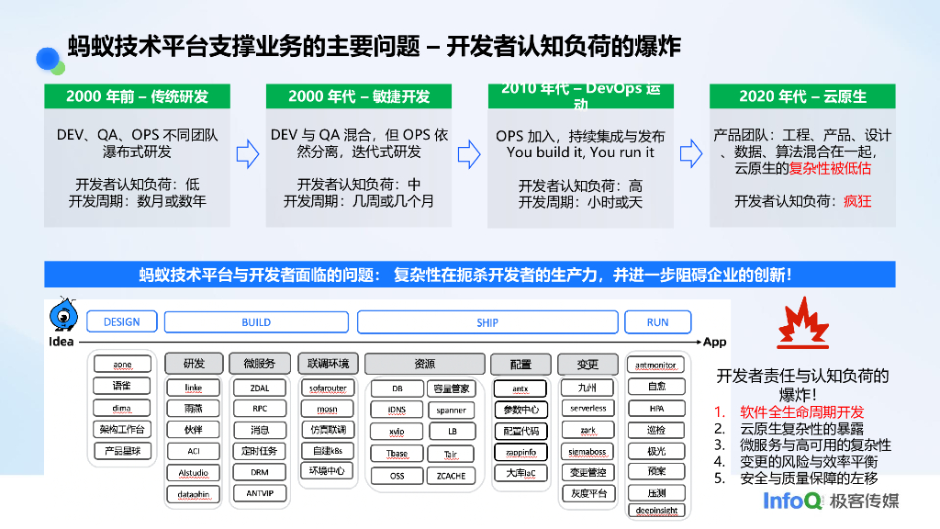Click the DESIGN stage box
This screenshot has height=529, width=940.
pos(122,322)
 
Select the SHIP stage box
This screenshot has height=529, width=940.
pos(487,322)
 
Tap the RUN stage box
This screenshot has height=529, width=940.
pos(657,322)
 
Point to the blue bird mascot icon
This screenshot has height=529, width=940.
pos(63,316)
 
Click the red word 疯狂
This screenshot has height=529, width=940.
pos(857,201)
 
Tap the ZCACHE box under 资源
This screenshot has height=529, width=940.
pos(451,476)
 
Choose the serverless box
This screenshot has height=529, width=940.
pos(587,409)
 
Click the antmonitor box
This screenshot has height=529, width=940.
pos(655,366)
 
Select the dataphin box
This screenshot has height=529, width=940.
pos(194,494)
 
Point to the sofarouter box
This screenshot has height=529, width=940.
pos(328,388)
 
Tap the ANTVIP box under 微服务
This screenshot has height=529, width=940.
pos(260,493)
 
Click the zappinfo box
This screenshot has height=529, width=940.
pos(521,452)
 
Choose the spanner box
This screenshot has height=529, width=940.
pos(451,410)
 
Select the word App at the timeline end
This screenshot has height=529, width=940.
pos(714,342)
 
